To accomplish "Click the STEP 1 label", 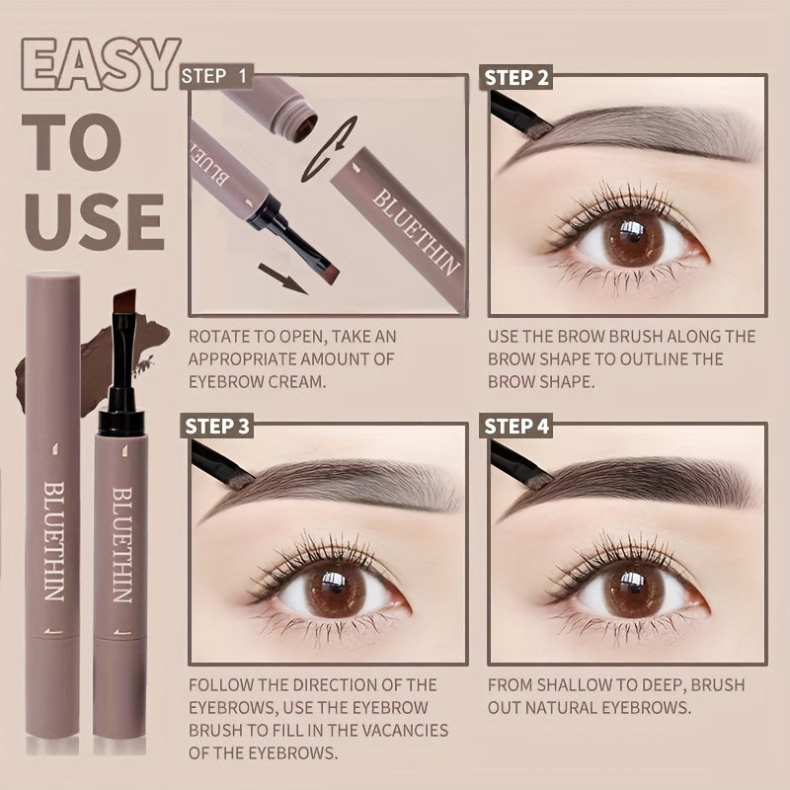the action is point(215,76).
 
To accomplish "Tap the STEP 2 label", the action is point(515,78).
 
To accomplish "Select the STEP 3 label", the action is point(216,427).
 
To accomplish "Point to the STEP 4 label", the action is point(515,427).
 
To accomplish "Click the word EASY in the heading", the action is point(101,64).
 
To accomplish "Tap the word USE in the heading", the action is point(94,222).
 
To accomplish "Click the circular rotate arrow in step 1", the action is point(329,149).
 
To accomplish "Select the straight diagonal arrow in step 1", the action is point(282,278).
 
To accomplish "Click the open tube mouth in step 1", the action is point(306,129).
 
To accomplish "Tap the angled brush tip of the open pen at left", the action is point(124,301).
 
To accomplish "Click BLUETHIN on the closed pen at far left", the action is point(54,541).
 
